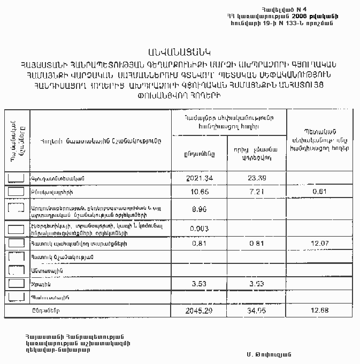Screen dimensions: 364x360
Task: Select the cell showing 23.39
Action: [256, 178]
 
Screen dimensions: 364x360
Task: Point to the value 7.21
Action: [256, 191]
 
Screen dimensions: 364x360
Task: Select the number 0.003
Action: [198, 228]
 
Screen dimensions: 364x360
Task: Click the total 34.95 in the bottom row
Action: [256, 310]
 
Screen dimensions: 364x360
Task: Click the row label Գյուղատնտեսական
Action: [58, 178]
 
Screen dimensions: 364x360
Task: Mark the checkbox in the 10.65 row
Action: [17, 191]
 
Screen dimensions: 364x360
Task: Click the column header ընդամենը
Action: [198, 153]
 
